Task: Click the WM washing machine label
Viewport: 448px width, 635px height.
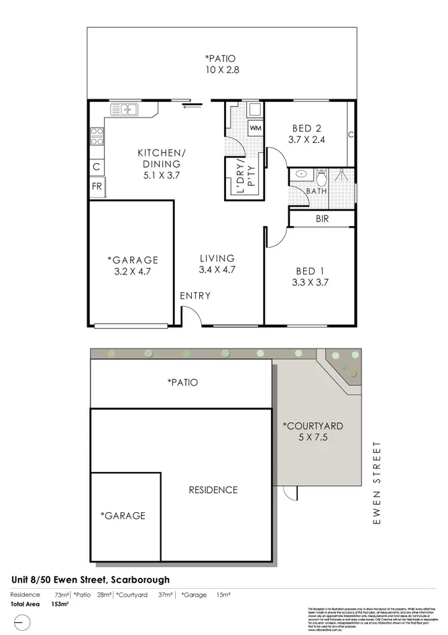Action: coord(256,128)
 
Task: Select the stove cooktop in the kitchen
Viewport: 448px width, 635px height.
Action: coord(96,136)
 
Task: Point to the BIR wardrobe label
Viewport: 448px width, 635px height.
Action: coord(321,219)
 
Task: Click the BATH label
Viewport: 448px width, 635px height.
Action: coord(317,191)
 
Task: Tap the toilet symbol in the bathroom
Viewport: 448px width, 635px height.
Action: coord(321,177)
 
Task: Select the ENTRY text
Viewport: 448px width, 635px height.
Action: coord(195,295)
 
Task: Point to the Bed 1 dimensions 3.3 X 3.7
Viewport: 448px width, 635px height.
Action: coord(309,283)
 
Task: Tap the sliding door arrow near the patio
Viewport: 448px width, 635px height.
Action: coord(192,104)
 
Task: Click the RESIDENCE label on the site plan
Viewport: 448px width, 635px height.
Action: coord(213,489)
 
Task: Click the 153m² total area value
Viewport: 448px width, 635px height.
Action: coord(60,604)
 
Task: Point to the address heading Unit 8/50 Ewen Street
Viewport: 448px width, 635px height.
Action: coord(91,579)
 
